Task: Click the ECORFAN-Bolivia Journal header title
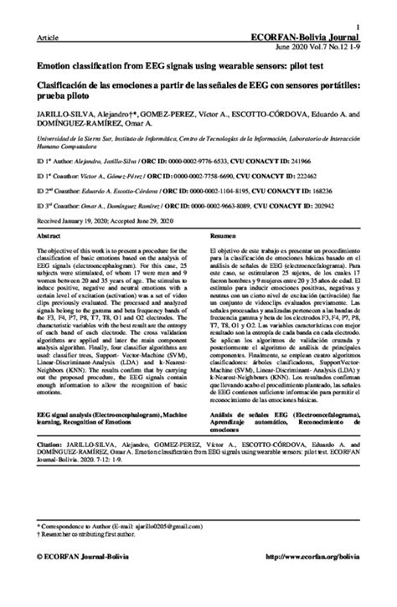316,38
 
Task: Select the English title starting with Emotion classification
182,64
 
